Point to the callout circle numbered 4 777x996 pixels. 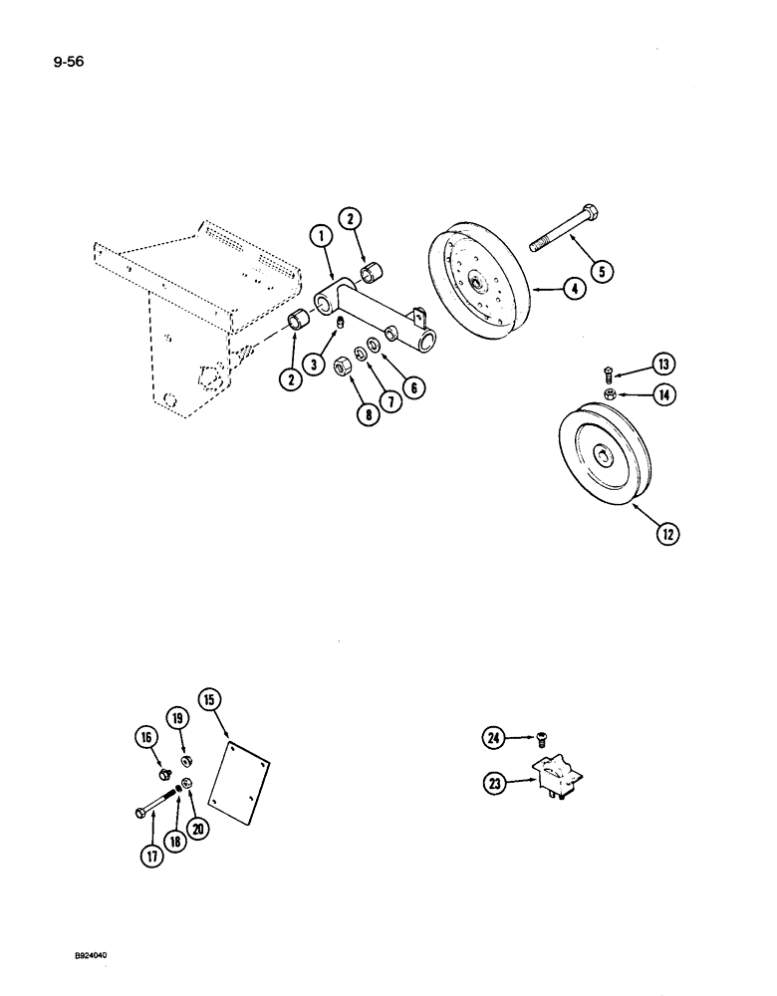click(571, 291)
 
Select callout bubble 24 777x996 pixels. click(495, 738)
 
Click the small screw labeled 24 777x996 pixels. click(539, 738)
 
